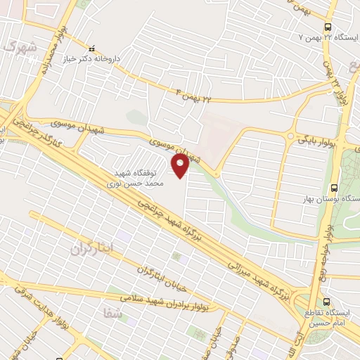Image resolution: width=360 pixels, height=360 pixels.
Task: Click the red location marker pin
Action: [181, 166]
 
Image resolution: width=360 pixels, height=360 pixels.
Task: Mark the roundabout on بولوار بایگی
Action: [290, 136]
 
